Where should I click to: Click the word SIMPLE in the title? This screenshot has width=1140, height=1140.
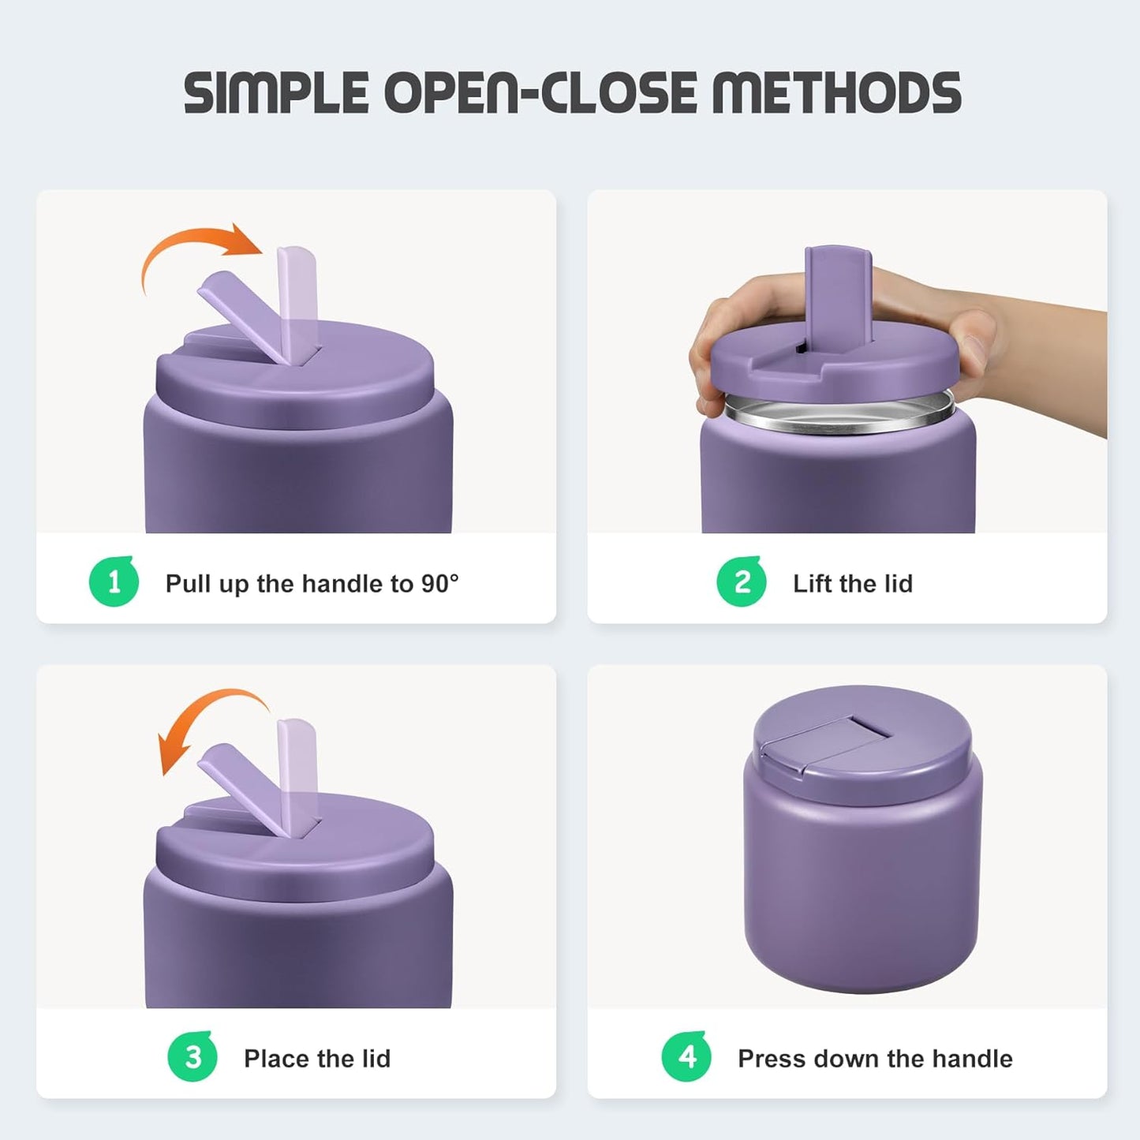276,92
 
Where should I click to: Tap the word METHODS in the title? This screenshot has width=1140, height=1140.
836,92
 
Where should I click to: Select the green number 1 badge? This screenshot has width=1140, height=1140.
114,582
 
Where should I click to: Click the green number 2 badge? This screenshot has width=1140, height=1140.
742,582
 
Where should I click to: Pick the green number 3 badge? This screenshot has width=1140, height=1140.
192,1057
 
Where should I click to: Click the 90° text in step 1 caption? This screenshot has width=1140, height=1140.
439,584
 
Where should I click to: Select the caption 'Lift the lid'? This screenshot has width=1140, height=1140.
853,584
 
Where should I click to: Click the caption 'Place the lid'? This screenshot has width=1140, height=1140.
317,1059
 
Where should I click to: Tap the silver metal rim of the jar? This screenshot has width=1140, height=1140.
838,418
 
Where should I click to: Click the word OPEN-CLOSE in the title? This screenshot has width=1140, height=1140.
544,92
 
